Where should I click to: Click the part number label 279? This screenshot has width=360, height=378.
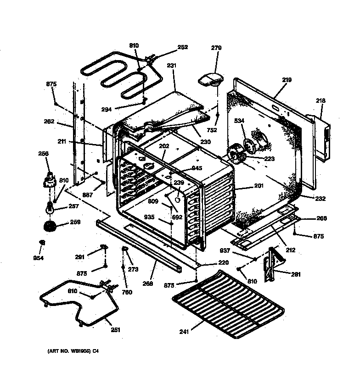coord(216,48)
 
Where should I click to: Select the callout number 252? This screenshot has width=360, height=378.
coord(182,47)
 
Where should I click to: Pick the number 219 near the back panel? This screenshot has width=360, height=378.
coord(287,80)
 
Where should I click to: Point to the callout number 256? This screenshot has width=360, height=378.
coord(43,155)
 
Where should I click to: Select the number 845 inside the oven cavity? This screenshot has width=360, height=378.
coord(197,168)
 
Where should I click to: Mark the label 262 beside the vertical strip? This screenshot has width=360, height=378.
coord(49,122)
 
